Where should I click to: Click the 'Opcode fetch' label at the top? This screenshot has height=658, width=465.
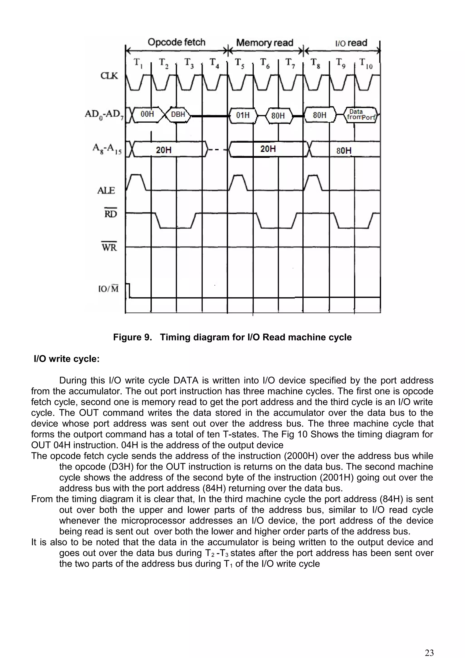click(x=176, y=42)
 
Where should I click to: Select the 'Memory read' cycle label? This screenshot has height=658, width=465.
click(x=265, y=43)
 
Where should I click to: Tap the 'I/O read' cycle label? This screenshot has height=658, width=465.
click(x=351, y=43)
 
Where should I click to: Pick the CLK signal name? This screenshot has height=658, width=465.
click(x=109, y=76)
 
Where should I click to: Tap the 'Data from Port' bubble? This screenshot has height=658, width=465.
click(x=361, y=115)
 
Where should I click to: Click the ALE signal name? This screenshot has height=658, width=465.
click(x=106, y=190)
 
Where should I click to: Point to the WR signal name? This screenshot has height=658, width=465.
click(x=109, y=247)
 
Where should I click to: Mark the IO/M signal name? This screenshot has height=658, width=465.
click(x=108, y=289)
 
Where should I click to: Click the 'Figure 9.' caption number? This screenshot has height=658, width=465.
click(x=132, y=337)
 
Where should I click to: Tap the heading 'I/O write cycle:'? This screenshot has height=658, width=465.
click(x=67, y=359)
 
